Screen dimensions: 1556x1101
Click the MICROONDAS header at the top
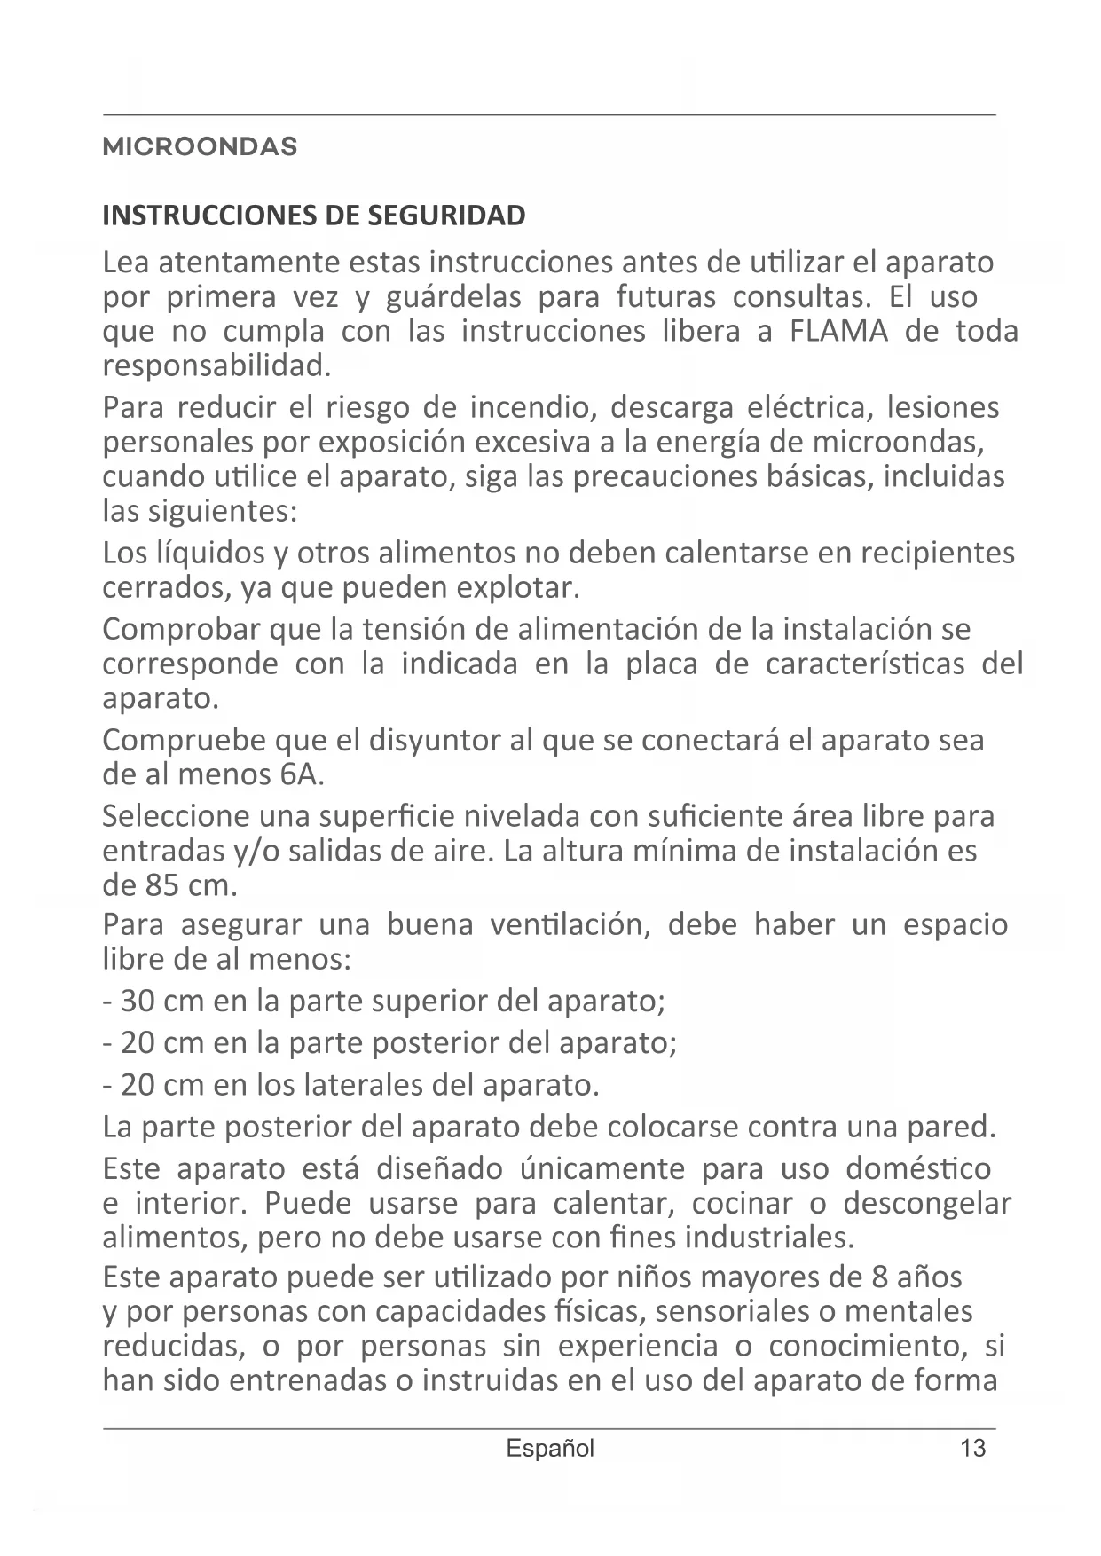[201, 147]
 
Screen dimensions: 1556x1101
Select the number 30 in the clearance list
[139, 1002]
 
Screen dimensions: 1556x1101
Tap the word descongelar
[927, 1204]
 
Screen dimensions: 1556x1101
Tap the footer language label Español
[550, 1449]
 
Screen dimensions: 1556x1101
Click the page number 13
[972, 1449]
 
